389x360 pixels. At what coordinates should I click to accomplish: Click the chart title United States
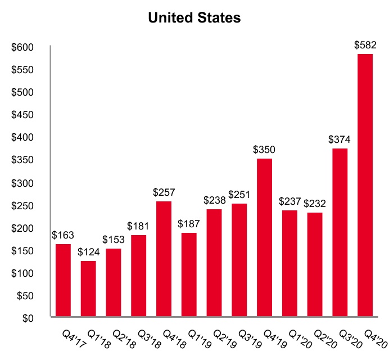pos(194,18)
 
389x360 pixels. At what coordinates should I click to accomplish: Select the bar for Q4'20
pos(365,185)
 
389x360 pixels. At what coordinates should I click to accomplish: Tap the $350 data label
pos(264,150)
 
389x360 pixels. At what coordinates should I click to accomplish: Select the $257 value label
pos(164,192)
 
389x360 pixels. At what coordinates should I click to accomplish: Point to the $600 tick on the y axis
pos(24,47)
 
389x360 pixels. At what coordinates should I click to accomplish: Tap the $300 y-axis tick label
pos(24,183)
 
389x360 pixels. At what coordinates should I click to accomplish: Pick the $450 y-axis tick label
pos(24,115)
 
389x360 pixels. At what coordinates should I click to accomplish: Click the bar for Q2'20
pos(314,264)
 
